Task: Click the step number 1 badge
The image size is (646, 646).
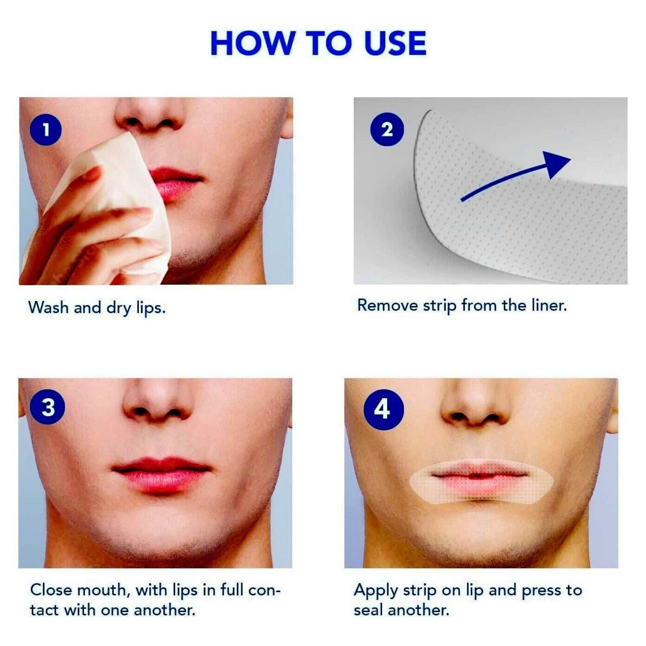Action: pyautogui.click(x=46, y=130)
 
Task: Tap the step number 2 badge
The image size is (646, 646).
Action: pyautogui.click(x=387, y=130)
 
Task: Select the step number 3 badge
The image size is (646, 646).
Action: pyautogui.click(x=48, y=407)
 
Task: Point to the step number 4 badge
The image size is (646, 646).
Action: pyautogui.click(x=383, y=409)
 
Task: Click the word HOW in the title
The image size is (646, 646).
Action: pyautogui.click(x=252, y=43)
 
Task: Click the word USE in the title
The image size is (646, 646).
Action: pyautogui.click(x=395, y=43)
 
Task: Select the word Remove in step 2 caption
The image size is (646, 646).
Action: pyautogui.click(x=388, y=306)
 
